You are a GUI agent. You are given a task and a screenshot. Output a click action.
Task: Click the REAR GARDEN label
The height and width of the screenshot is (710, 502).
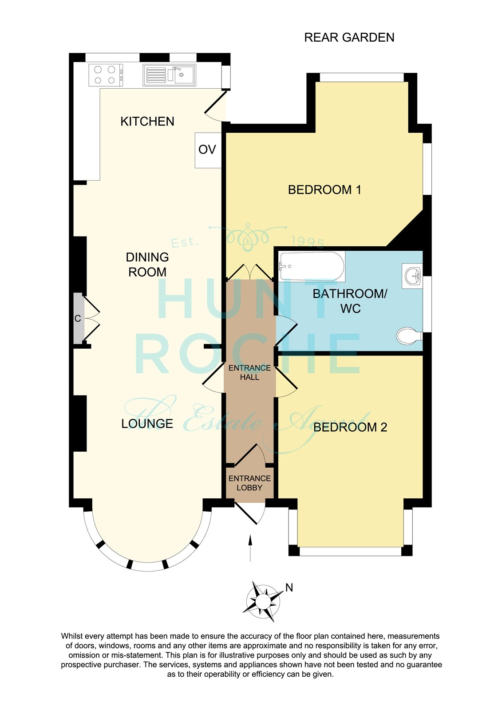click(x=349, y=37)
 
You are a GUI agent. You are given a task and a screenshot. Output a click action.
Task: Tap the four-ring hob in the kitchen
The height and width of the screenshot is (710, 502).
click(x=106, y=75)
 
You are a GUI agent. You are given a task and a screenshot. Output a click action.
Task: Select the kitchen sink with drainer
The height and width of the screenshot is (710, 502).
click(x=170, y=75)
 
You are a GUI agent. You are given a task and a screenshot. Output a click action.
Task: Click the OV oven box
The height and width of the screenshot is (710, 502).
click(x=208, y=150)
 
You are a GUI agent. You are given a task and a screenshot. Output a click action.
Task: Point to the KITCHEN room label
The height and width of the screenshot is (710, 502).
click(x=147, y=122)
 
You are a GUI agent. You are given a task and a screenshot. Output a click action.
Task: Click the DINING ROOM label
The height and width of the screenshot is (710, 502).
click(x=147, y=264)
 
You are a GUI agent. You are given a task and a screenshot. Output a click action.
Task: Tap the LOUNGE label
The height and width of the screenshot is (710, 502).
click(x=147, y=423)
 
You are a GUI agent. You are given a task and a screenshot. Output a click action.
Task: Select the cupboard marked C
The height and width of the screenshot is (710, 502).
click(x=78, y=318)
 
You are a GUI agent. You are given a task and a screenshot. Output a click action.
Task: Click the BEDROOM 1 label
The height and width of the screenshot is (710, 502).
click(x=324, y=189)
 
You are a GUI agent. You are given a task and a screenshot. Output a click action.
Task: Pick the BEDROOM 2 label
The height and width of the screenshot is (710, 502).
click(x=350, y=427)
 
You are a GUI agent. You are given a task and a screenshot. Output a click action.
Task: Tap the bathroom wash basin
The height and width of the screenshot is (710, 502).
click(x=412, y=276)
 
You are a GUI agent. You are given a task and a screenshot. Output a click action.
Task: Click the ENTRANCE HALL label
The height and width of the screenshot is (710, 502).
click(x=249, y=372)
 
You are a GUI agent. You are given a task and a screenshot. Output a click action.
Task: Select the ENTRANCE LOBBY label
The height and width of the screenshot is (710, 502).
click(x=249, y=483)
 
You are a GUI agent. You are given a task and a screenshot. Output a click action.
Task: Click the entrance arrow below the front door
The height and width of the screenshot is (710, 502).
click(x=250, y=548)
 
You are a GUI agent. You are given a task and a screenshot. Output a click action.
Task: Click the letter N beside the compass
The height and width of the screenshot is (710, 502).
click(x=289, y=588)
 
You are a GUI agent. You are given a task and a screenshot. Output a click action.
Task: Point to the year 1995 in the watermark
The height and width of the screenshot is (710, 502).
click(x=308, y=242)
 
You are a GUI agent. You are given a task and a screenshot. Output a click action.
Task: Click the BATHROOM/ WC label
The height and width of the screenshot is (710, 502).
click(x=350, y=301)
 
